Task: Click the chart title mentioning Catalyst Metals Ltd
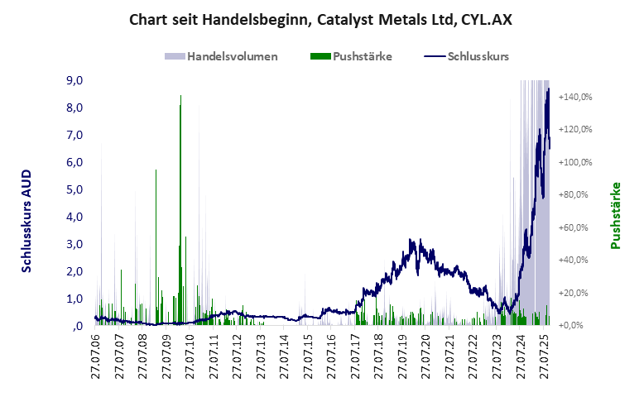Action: (x=319, y=19)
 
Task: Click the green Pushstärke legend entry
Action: (x=352, y=56)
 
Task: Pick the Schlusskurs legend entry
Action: (x=466, y=56)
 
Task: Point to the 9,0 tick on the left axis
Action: (x=74, y=80)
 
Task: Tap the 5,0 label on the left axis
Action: (x=74, y=189)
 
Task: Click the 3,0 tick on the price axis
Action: (x=74, y=244)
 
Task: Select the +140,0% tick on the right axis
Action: (x=575, y=97)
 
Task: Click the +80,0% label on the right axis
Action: (x=575, y=194)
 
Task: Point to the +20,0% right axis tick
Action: (x=575, y=293)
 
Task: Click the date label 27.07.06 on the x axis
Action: (x=96, y=357)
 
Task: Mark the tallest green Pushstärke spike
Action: (x=180, y=98)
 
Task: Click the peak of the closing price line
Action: (x=547, y=89)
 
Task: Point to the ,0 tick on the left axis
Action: (x=76, y=326)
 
